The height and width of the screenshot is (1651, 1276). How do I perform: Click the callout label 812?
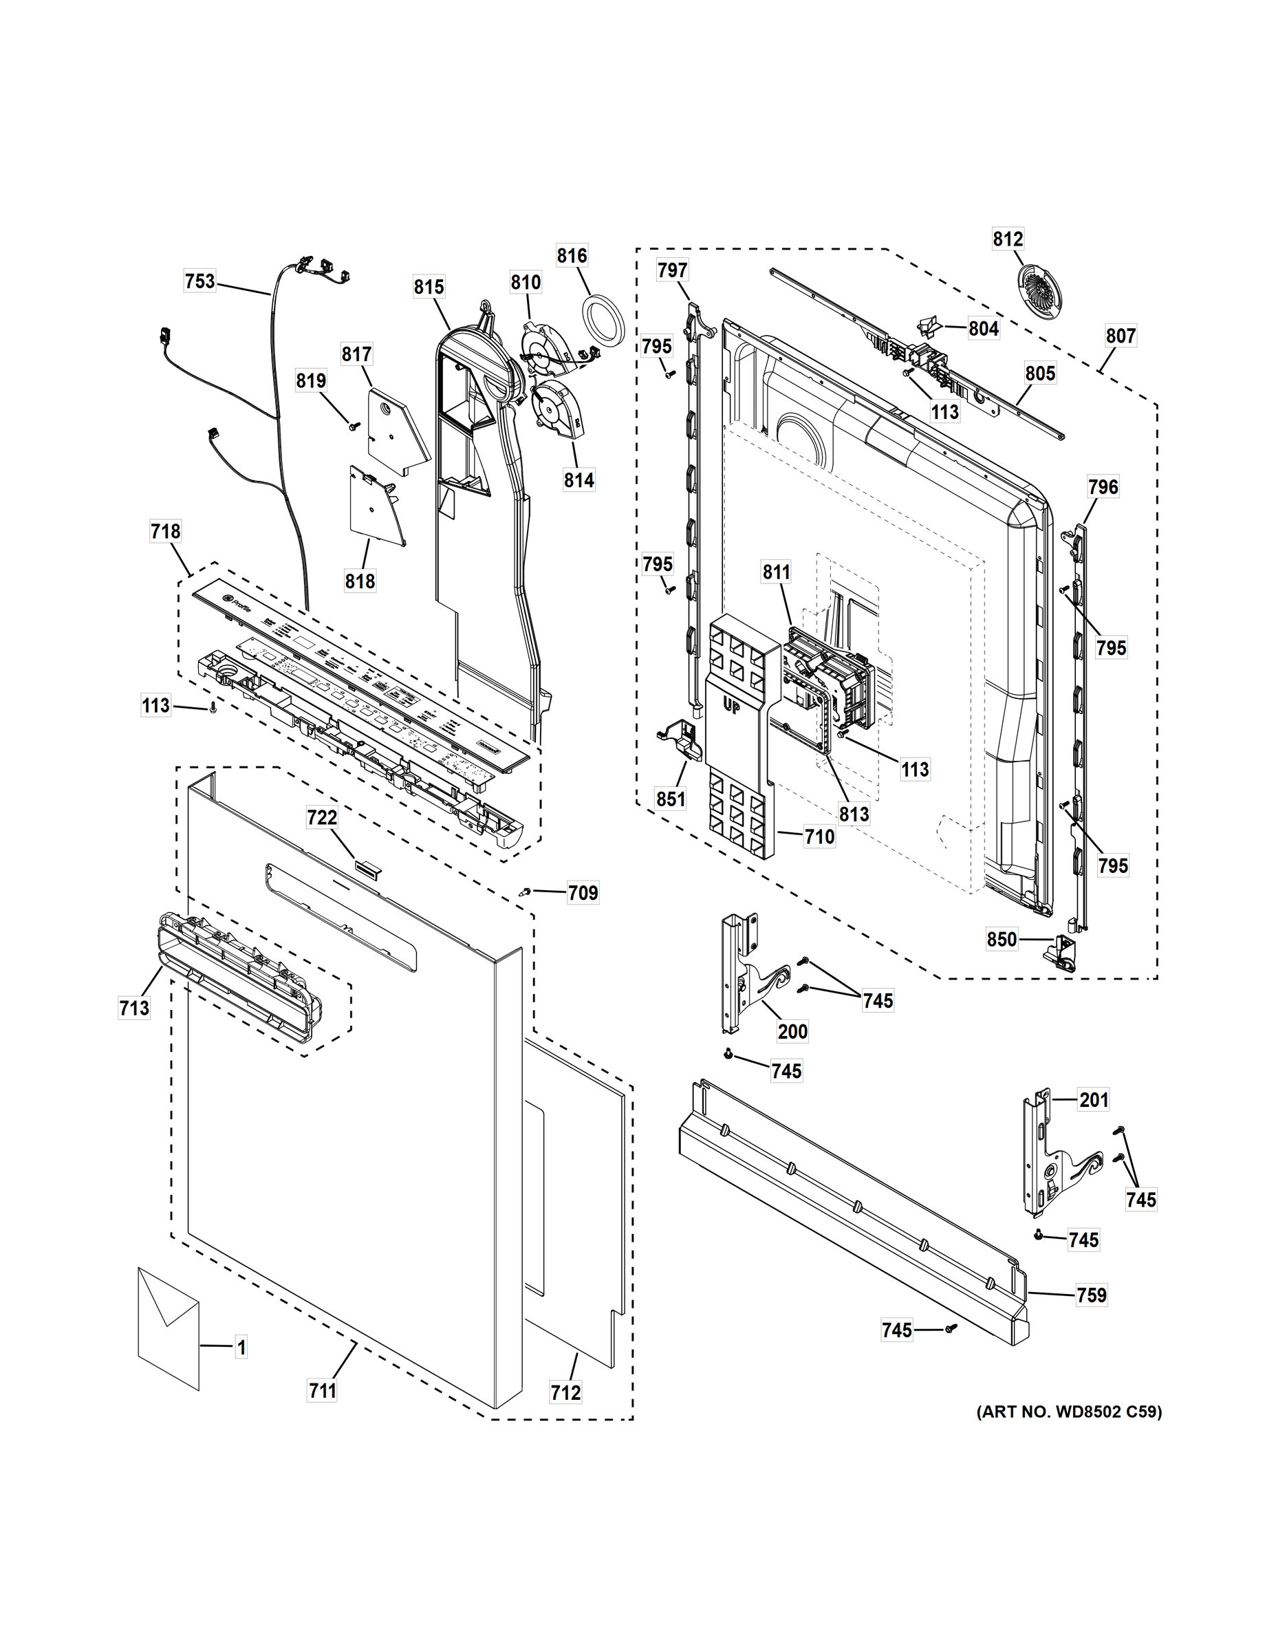tap(1008, 239)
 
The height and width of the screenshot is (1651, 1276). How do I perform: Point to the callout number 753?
tap(199, 282)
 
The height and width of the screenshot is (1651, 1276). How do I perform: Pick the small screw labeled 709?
tap(524, 893)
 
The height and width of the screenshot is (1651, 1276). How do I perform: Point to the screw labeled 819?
tap(352, 428)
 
